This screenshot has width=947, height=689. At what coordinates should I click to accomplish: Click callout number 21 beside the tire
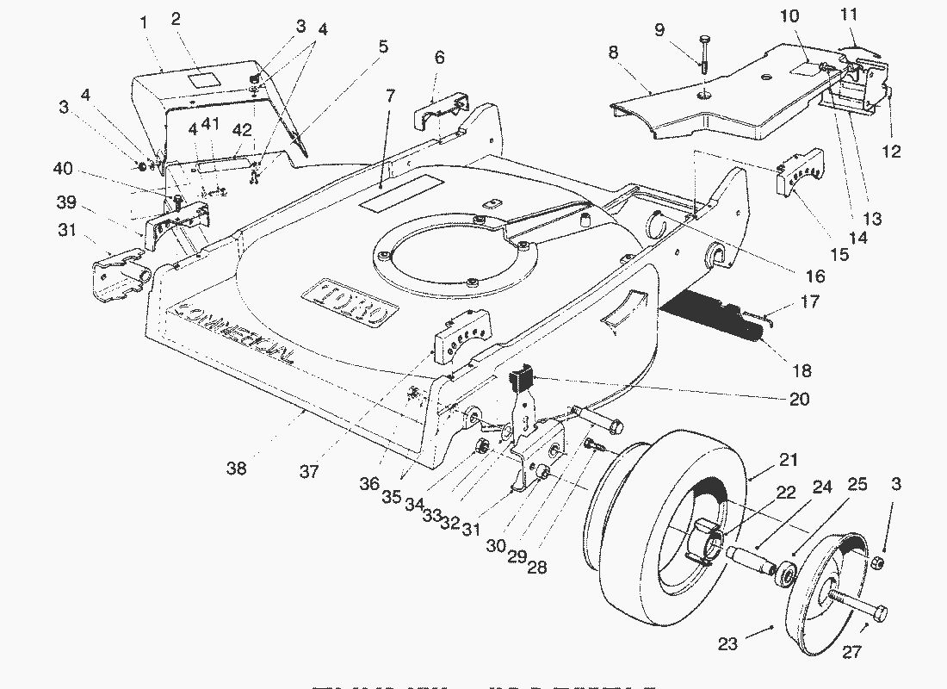(789, 460)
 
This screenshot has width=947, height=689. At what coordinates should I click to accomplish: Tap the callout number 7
(391, 96)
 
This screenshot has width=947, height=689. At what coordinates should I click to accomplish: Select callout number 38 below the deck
(236, 469)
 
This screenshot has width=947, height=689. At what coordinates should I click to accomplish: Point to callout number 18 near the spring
(802, 371)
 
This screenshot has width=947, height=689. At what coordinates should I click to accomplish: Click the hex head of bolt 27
(879, 613)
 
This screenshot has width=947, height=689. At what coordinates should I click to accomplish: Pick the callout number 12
(892, 152)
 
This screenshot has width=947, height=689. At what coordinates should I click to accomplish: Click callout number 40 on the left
(62, 169)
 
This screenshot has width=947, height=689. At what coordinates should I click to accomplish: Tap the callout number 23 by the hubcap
(727, 643)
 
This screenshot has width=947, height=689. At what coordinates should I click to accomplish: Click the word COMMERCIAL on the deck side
(232, 335)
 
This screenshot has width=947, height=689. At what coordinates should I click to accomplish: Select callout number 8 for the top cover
(613, 53)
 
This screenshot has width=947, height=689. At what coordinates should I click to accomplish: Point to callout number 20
(800, 399)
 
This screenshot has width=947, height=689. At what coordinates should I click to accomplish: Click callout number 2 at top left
(176, 19)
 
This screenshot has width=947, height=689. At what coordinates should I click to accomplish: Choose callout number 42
(243, 130)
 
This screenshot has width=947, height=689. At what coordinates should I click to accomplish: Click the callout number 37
(309, 471)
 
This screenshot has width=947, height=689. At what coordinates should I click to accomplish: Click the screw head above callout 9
(705, 39)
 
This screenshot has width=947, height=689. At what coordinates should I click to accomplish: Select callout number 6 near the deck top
(440, 58)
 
